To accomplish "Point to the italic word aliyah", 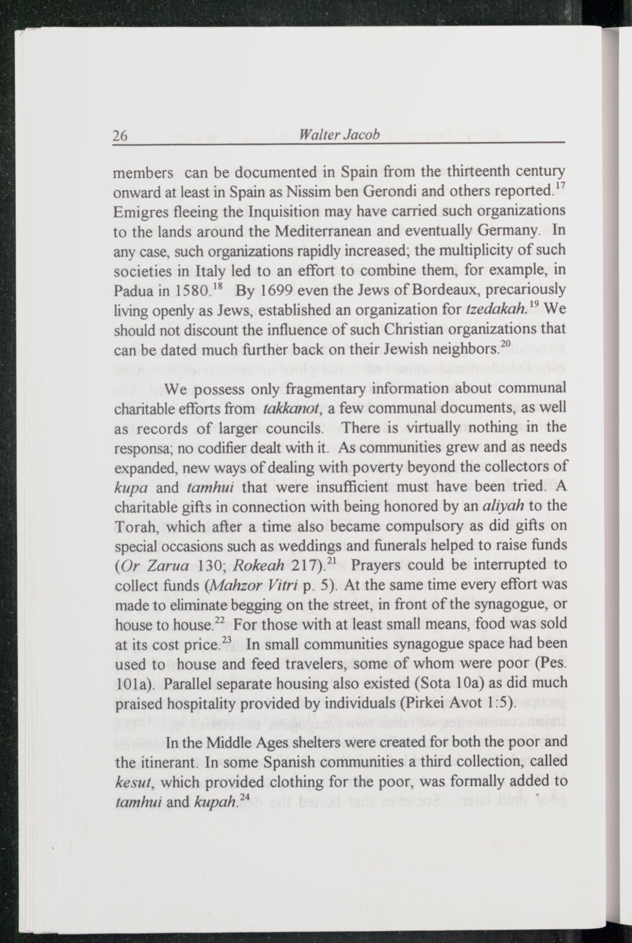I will pos(503,506).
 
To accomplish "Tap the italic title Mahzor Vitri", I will pos(252,586).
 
